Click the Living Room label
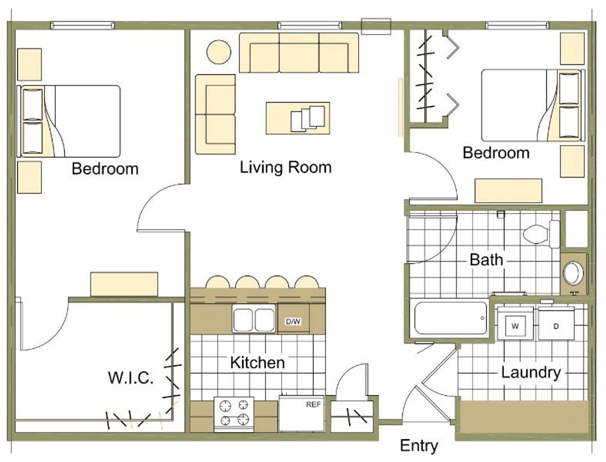point(285,168)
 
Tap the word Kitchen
point(258,362)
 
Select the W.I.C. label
point(131,378)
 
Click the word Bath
point(486,260)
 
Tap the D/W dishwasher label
point(293,322)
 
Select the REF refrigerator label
point(313,405)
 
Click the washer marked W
point(515,323)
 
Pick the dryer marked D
point(556,323)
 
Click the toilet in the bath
point(542,234)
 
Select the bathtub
point(451,318)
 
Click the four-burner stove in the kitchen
point(234,415)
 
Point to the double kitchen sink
point(254,319)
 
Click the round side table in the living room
point(219,52)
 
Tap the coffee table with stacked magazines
point(298,118)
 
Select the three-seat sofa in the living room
point(299,53)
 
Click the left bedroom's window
point(82,26)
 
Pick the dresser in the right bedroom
point(508,191)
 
